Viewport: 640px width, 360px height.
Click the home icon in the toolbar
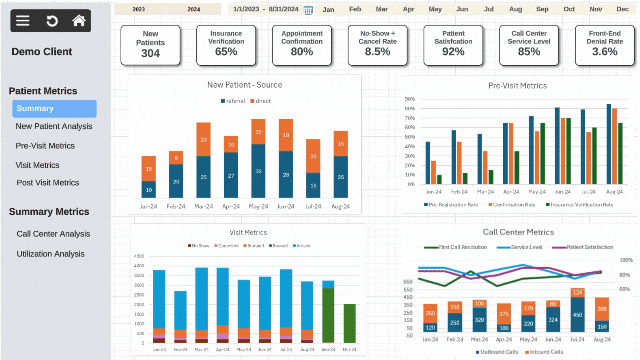click(79, 21)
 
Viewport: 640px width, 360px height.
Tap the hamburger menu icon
click(23, 21)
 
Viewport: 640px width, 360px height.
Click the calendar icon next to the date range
click(308, 10)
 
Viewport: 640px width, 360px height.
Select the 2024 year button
click(194, 9)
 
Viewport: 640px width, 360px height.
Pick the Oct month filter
click(569, 9)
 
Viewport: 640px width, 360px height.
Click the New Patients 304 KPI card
click(150, 45)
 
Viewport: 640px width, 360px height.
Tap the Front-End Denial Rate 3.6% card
click(604, 45)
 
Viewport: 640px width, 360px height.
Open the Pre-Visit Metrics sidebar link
click(45, 146)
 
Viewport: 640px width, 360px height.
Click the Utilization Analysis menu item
click(51, 254)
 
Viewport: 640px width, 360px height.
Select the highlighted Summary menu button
click(54, 109)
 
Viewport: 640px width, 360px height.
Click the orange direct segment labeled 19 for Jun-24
click(286, 135)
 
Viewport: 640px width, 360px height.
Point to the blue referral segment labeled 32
click(258, 171)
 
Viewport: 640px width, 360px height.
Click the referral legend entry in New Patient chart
click(233, 101)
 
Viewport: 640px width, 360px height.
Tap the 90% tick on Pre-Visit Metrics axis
click(410, 99)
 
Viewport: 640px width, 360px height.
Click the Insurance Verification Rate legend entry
click(580, 205)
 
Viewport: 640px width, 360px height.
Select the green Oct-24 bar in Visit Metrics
click(349, 323)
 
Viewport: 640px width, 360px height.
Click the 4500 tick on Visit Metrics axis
click(139, 256)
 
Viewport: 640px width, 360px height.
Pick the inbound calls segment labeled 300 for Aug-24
click(602, 309)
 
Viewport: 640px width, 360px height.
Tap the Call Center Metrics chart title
click(518, 232)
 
